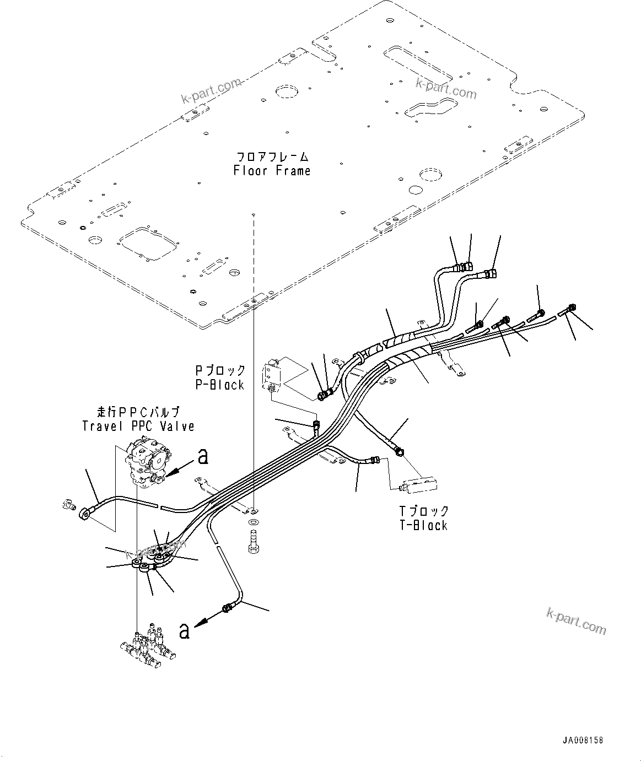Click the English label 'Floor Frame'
[272, 171]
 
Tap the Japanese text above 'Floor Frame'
[272, 157]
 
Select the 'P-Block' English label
[220, 385]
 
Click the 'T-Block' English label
[423, 525]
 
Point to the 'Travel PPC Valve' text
[138, 426]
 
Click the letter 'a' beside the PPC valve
[203, 455]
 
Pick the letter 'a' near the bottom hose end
[185, 630]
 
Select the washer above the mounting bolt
[254, 521]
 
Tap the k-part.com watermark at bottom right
[576, 621]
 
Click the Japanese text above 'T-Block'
[423, 511]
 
